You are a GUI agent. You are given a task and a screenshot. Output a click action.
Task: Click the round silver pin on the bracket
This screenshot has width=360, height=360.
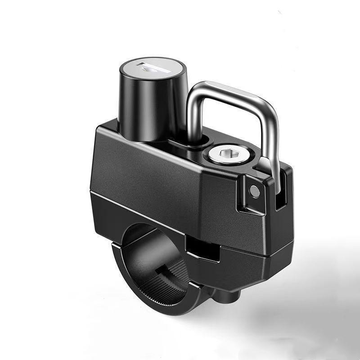[255, 192]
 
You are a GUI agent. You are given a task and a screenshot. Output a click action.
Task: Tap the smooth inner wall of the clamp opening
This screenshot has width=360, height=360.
[144, 252]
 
